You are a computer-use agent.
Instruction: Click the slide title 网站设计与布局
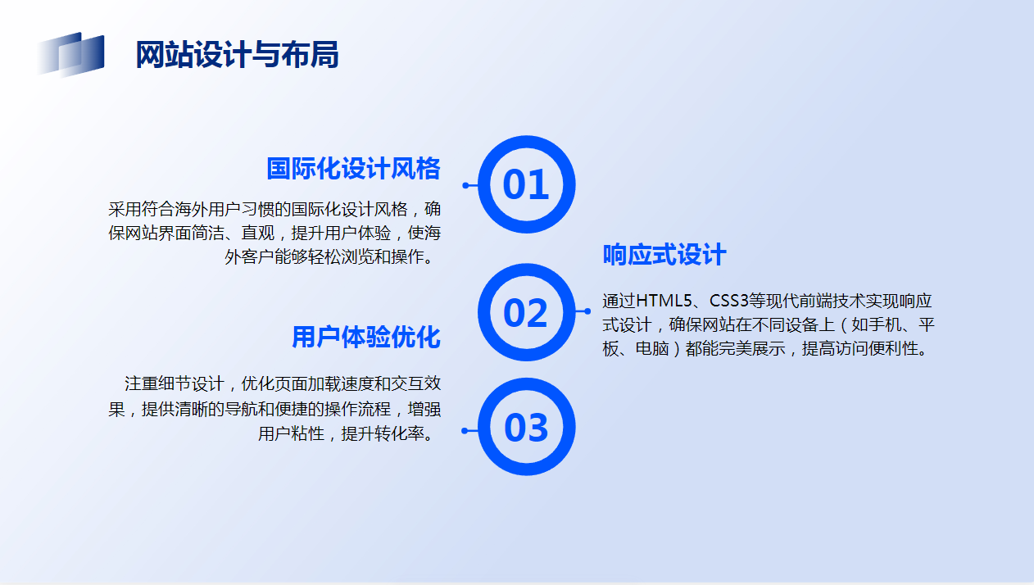[x=237, y=54]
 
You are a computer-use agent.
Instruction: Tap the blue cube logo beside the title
[x=70, y=54]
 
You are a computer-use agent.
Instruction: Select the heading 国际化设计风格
[x=353, y=168]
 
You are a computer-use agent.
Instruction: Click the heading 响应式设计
[x=664, y=255]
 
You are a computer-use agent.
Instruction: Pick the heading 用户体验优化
[x=366, y=337]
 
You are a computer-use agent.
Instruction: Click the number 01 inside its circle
[x=526, y=184]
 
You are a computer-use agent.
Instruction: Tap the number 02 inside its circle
[x=526, y=313]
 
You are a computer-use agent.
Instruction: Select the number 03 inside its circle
[x=526, y=428]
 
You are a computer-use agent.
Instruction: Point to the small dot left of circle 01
[x=465, y=185]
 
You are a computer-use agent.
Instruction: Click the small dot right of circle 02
[x=587, y=311]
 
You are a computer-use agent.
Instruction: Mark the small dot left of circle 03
[x=465, y=431]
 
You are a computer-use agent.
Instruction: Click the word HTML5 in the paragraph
[x=664, y=301]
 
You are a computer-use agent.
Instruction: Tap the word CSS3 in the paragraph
[x=728, y=301]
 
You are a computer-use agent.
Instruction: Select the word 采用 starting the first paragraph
[x=125, y=209]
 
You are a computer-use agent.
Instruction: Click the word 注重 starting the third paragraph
[x=141, y=383]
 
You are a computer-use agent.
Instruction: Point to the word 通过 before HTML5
[x=619, y=301]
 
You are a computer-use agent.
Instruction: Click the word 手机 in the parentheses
[x=884, y=325]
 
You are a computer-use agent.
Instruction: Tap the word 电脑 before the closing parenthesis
[x=652, y=348]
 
